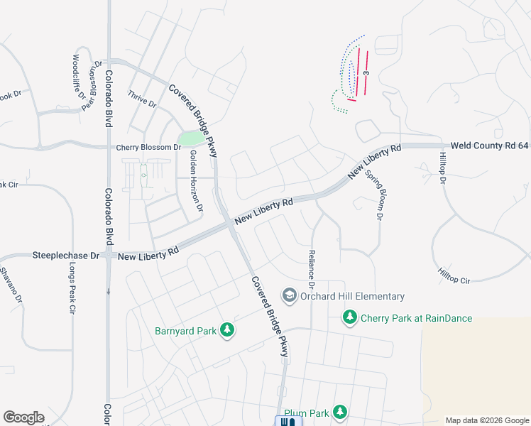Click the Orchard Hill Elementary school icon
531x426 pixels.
[x=290, y=295]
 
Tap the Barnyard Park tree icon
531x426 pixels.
[x=226, y=329]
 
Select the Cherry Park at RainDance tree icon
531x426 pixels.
[x=349, y=317]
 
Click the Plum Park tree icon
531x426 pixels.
[x=340, y=412]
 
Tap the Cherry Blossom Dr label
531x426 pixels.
[x=148, y=147]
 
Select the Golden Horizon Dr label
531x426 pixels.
[x=196, y=182]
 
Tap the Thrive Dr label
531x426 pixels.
[x=141, y=98]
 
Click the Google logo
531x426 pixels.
[x=24, y=417]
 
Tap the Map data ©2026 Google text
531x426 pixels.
[x=487, y=420]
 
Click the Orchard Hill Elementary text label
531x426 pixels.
[x=352, y=296]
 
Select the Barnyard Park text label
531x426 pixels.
[x=186, y=330]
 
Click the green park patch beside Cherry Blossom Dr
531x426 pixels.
[x=190, y=138]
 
